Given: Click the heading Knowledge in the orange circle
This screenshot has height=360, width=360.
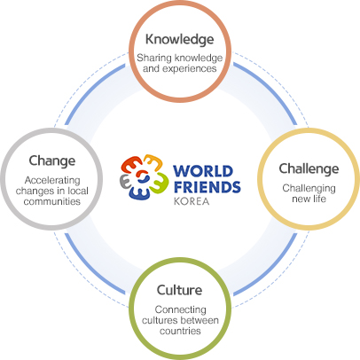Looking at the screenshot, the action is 180,40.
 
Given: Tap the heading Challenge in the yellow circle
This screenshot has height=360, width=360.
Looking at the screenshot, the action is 309,169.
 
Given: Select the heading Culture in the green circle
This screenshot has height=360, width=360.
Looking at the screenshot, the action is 180,290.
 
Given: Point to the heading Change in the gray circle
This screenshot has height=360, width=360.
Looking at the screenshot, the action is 52,161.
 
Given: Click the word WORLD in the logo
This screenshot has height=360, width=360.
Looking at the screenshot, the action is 203,171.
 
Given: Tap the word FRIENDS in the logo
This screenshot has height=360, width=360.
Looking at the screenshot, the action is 207,187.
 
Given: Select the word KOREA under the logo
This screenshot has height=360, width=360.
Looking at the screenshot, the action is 192,201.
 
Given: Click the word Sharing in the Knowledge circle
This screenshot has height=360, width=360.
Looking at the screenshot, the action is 152,59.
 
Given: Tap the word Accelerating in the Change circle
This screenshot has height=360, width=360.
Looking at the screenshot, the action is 52,180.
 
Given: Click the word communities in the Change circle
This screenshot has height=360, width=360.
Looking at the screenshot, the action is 52,201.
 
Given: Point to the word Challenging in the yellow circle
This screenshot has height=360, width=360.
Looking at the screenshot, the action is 309,189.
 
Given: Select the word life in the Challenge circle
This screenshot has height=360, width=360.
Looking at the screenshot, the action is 319,199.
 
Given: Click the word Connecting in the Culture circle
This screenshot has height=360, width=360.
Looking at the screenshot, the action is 180,310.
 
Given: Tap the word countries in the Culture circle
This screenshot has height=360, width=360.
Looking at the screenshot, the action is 180,331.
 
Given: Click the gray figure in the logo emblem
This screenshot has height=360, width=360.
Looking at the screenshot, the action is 125,181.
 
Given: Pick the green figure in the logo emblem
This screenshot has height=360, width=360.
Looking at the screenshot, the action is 159,183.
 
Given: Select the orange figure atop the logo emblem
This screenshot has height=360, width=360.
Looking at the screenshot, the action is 153,162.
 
